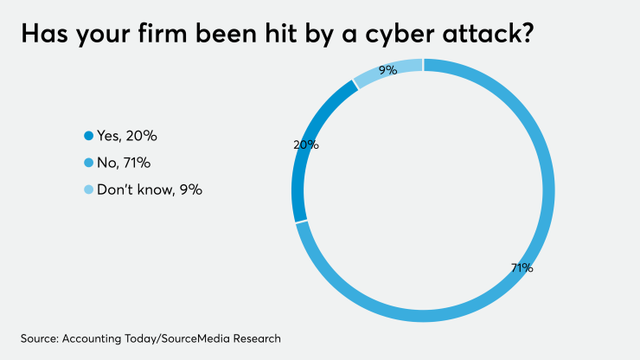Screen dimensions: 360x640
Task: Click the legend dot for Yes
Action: (87, 136)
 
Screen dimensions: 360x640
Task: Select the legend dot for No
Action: (87, 163)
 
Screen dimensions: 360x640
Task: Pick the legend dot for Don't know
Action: (87, 190)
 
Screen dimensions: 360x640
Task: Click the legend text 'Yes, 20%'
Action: (126, 136)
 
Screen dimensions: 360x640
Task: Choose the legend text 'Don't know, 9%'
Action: (149, 190)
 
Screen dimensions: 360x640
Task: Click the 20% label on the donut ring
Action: (306, 145)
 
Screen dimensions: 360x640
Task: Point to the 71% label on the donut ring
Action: (522, 268)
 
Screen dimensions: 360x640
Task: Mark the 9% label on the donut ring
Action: (387, 70)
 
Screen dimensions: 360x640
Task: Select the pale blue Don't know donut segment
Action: (389, 68)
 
